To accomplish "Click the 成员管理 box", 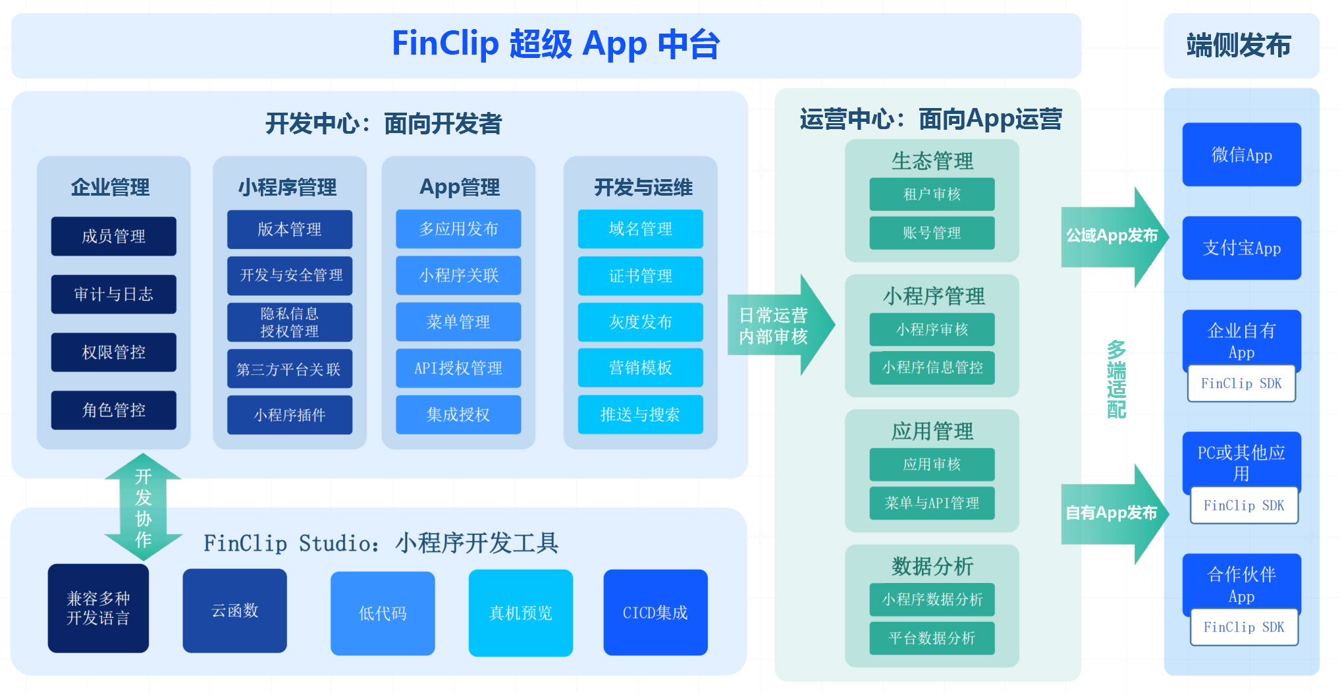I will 113,236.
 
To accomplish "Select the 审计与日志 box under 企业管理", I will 113,294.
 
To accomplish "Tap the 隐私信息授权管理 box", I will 289,322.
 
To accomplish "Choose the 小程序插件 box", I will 289,415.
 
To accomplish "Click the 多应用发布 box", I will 458,229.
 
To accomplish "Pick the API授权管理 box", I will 458,368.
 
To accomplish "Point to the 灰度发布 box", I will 640,322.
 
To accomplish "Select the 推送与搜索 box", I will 640,414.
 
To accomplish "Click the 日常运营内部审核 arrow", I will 777,325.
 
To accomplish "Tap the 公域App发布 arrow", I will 1113,236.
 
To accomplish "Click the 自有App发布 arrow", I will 1113,513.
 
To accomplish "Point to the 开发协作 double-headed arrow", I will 143,507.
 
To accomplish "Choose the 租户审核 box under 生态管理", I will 932,194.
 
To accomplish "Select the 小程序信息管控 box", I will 932,368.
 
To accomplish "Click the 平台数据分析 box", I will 932,638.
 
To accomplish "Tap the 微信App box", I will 1241,155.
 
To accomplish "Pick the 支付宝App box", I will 1241,248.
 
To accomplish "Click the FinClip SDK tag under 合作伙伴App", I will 1244,627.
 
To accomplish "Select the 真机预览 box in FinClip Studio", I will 520,613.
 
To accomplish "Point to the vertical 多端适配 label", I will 1116,379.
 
